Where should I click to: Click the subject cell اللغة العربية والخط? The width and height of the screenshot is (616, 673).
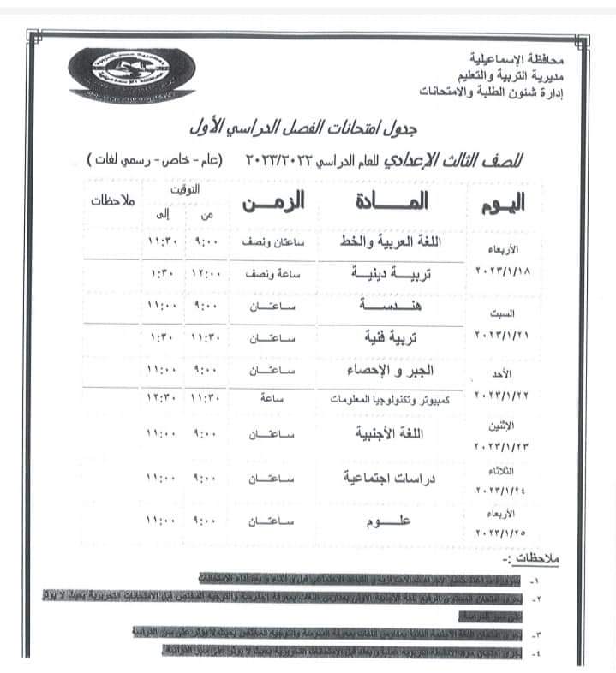[x=386, y=242]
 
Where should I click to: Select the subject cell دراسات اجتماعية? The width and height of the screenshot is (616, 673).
[x=386, y=477]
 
